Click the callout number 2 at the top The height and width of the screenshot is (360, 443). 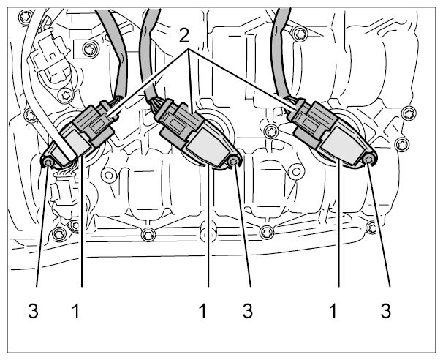(184, 36)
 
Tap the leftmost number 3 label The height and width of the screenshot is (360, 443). (33, 311)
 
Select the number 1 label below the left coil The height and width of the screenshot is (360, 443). (76, 311)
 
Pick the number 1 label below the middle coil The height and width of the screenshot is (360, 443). (202, 311)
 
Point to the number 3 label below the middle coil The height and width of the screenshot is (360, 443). (248, 311)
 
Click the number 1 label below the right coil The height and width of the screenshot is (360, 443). (333, 311)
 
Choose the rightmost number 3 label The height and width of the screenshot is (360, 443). (386, 311)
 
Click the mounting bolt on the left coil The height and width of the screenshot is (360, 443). (48, 162)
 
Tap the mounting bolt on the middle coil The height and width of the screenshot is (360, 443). (233, 162)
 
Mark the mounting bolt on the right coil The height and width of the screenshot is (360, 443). (368, 160)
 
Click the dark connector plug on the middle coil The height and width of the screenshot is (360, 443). (181, 121)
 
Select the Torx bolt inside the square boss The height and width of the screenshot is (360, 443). (91, 50)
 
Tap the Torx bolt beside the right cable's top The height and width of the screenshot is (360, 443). (300, 34)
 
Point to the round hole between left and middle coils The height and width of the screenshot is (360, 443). (109, 175)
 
